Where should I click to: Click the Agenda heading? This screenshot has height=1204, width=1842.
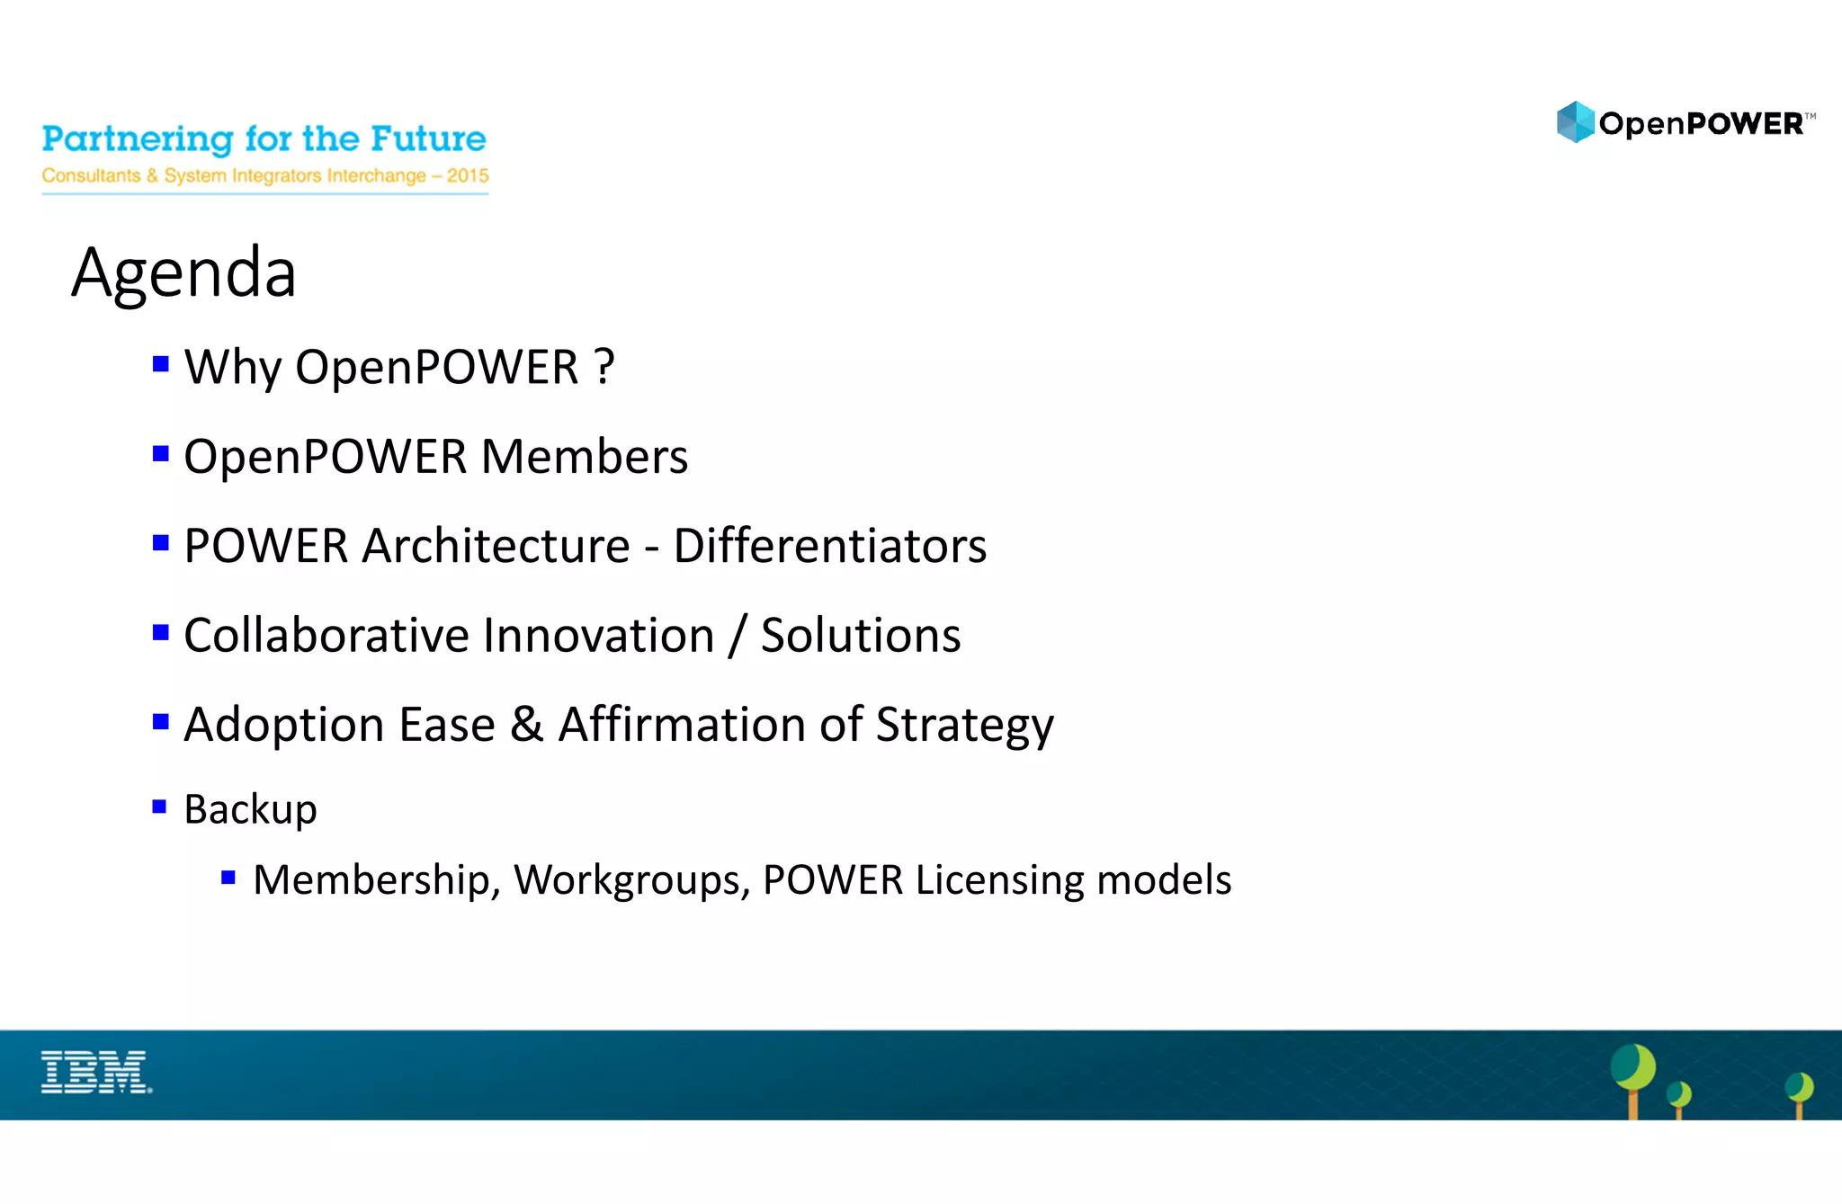(183, 273)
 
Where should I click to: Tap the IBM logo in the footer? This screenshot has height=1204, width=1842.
(96, 1072)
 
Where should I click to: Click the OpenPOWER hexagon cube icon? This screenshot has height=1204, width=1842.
(1575, 122)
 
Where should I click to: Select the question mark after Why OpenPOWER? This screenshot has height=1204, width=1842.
(604, 367)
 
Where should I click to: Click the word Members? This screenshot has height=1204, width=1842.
(585, 457)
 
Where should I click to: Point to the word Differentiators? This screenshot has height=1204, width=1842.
(829, 546)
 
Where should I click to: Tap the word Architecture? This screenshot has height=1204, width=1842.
(496, 546)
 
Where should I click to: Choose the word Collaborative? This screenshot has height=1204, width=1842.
(326, 636)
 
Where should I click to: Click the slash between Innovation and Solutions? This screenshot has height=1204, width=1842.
(738, 636)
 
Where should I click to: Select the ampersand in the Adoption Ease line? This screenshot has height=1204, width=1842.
(527, 725)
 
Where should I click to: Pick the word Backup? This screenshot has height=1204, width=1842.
(250, 809)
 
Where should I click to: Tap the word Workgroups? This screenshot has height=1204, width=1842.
(631, 880)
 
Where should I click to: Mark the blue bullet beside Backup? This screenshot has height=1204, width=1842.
(160, 807)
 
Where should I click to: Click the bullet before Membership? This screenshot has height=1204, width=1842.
(228, 877)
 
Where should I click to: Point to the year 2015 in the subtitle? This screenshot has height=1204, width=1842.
(468, 175)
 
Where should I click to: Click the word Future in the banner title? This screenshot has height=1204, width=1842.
(428, 139)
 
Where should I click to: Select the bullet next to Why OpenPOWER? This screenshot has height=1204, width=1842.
(161, 364)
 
